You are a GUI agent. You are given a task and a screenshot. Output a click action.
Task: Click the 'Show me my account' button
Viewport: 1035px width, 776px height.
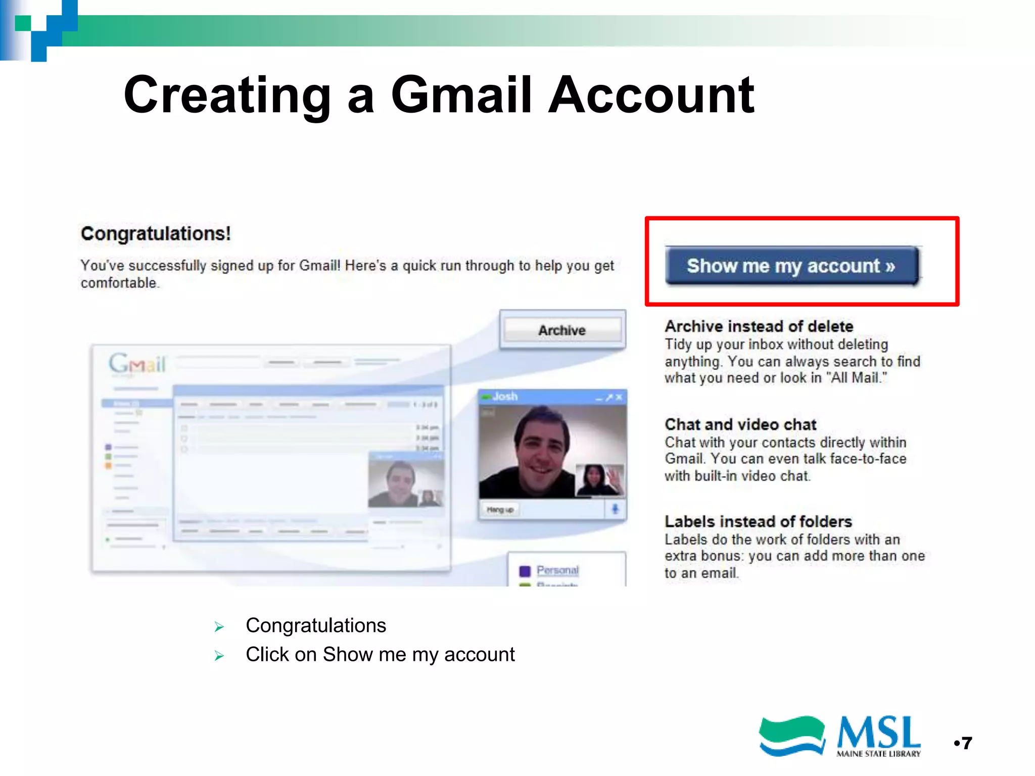point(791,266)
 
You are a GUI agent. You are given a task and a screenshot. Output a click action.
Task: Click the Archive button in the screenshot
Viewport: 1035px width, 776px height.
point(562,330)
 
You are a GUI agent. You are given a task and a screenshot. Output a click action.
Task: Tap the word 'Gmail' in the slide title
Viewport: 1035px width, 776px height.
point(461,94)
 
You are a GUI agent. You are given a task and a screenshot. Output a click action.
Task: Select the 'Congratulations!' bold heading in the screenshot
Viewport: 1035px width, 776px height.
point(156,234)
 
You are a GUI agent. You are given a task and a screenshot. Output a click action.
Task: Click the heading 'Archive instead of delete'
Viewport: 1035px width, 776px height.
point(759,326)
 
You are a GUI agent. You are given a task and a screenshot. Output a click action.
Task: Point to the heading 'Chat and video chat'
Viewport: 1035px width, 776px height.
point(740,424)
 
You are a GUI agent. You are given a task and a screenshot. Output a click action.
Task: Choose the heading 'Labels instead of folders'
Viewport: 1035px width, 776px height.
point(758,521)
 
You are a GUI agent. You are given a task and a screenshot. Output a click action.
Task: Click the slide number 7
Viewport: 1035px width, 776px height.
point(967,743)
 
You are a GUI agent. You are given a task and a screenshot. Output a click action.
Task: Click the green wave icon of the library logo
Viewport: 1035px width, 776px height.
point(791,736)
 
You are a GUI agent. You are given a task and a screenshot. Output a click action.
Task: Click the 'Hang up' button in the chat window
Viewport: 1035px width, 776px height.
point(500,510)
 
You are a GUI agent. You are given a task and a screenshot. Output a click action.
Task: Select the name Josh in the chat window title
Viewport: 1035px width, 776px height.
point(505,397)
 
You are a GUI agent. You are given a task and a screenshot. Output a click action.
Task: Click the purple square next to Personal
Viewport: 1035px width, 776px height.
point(525,571)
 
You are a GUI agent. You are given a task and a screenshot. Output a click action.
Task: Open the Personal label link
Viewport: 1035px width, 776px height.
point(557,570)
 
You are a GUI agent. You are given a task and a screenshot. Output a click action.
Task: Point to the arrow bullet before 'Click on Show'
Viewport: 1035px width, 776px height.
point(219,656)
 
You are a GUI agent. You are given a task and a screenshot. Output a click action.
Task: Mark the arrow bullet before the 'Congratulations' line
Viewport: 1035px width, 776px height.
point(219,627)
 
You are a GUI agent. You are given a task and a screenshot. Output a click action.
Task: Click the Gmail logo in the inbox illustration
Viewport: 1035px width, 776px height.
point(137,363)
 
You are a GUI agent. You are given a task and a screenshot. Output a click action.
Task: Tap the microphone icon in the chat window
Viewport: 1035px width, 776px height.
point(615,509)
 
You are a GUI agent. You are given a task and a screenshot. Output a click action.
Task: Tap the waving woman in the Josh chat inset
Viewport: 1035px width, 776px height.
point(599,480)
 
